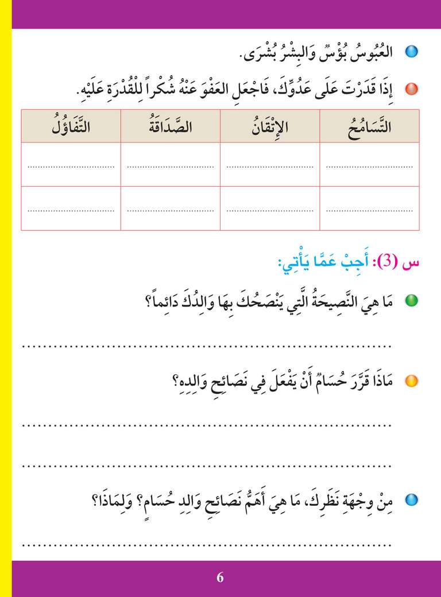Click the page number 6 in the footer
click(220, 577)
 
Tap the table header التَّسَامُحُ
click(369, 127)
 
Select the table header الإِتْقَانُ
click(270, 127)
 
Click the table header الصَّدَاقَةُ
click(171, 127)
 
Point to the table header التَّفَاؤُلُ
click(71, 127)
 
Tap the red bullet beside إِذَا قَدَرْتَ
click(411, 89)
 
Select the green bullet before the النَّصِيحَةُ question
click(411, 300)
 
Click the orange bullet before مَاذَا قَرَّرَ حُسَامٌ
click(411, 381)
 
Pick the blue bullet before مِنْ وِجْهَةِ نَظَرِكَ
click(411, 499)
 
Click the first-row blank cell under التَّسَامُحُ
click(369, 165)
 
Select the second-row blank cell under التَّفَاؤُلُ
click(71, 208)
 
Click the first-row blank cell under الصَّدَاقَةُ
click(171, 165)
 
